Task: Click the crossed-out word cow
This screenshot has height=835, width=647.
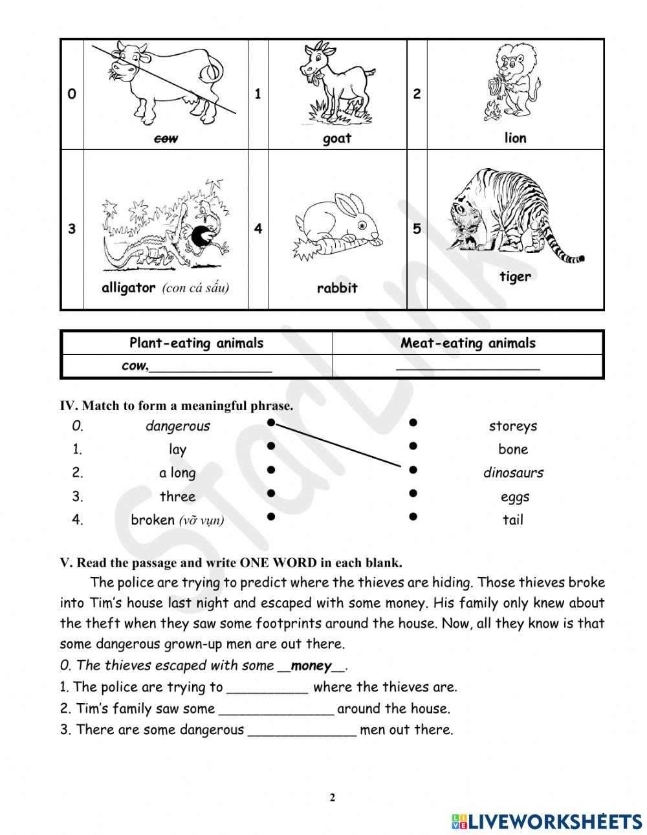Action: click(167, 138)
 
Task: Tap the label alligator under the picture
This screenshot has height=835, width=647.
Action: click(129, 288)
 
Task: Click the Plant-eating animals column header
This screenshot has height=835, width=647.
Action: click(197, 343)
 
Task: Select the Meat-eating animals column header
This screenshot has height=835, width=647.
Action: click(468, 343)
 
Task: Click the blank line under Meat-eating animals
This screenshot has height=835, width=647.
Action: click(468, 367)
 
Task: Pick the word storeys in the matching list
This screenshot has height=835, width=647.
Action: click(513, 426)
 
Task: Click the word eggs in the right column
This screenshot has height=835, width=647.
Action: click(515, 497)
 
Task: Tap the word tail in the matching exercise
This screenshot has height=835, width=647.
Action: click(513, 520)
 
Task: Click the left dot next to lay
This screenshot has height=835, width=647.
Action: click(271, 446)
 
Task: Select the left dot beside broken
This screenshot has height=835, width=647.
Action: click(271, 517)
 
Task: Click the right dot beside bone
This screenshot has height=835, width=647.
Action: click(412, 446)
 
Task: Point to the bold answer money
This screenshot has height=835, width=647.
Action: click(311, 666)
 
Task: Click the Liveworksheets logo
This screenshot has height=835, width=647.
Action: click(547, 821)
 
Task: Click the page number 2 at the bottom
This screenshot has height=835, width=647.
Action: click(333, 797)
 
